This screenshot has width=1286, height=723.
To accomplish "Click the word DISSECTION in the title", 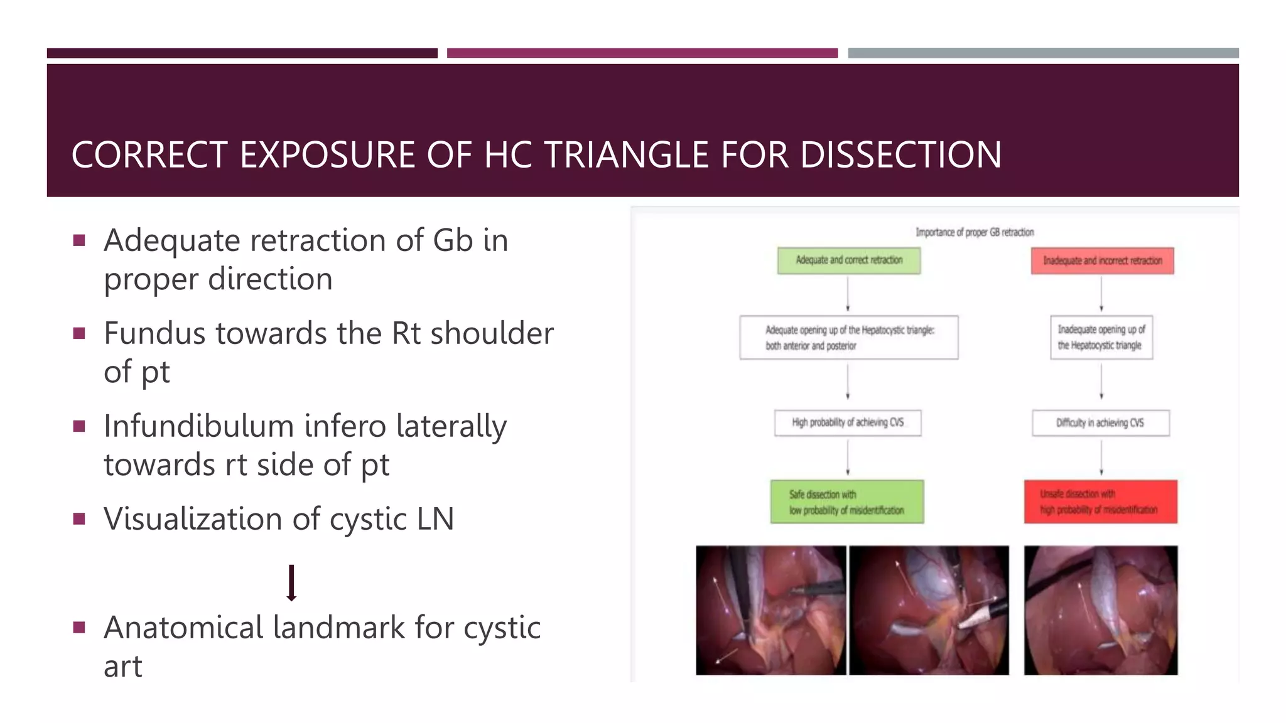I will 900,155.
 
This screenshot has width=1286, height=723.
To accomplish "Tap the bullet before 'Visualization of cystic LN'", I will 79,519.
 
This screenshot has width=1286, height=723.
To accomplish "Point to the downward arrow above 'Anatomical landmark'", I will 291,583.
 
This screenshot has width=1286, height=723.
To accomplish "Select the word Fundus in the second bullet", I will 153,333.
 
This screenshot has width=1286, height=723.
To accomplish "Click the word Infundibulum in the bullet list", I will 199,426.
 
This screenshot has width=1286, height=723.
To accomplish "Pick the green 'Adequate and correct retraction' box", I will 848,260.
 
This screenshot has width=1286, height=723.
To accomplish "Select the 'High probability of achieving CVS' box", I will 848,423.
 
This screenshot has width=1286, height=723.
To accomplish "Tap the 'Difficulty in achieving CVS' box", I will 1100,423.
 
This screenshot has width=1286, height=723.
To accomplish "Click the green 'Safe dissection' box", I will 847,502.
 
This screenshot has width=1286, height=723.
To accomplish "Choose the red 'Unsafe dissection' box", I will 1100,502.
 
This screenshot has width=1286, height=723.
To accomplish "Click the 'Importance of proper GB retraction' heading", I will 974,232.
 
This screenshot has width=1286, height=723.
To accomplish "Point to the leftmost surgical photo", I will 770,610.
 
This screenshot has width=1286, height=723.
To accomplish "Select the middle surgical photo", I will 929,610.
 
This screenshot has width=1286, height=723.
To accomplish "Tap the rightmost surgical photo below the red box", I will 1100,610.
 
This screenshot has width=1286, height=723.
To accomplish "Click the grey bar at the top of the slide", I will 1043,53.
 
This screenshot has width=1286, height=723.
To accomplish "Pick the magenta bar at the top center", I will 642,53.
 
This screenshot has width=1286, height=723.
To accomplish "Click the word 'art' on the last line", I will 123,667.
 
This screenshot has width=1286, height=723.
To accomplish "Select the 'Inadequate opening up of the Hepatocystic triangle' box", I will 1101,338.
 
